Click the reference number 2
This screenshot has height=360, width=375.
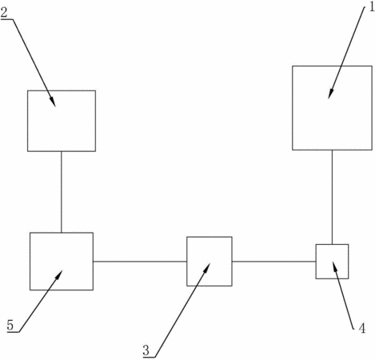click(4, 13)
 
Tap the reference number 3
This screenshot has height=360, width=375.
click(146, 350)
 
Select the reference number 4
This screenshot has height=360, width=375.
click(361, 328)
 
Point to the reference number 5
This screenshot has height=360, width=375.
click(10, 326)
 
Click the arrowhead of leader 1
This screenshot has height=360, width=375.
click(330, 94)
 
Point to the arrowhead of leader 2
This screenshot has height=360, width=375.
click(53, 102)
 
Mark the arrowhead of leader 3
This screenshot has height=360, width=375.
click(206, 268)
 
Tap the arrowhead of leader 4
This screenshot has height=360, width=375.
click(334, 267)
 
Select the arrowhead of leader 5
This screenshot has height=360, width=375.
click(58, 275)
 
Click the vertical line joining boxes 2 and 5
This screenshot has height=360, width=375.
click(62, 192)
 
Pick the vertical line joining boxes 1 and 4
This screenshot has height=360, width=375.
click(332, 197)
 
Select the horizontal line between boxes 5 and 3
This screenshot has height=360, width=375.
click(140, 262)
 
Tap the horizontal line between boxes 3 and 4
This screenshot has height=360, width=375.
click(274, 262)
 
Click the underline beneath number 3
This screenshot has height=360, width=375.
click(149, 357)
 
